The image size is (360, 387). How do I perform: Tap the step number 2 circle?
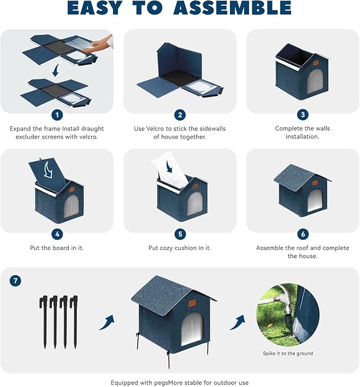pos(180,115)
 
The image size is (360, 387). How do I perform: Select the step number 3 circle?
pos(303,115)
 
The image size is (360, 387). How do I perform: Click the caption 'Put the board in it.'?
pos(57,248)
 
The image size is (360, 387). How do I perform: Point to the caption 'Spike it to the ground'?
pos(288,354)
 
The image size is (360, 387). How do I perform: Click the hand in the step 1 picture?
pos(108,42)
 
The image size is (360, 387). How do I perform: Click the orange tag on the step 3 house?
pos(315,63)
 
